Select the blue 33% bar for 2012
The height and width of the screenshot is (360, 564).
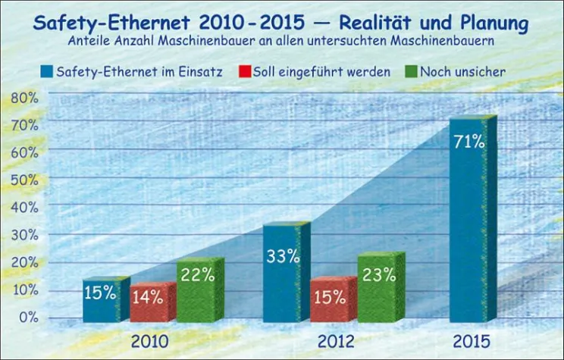click(x=284, y=273)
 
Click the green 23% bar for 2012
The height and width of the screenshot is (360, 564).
click(x=378, y=289)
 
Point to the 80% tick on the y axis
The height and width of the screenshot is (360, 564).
click(x=23, y=98)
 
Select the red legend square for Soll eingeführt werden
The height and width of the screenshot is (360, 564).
click(x=244, y=72)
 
